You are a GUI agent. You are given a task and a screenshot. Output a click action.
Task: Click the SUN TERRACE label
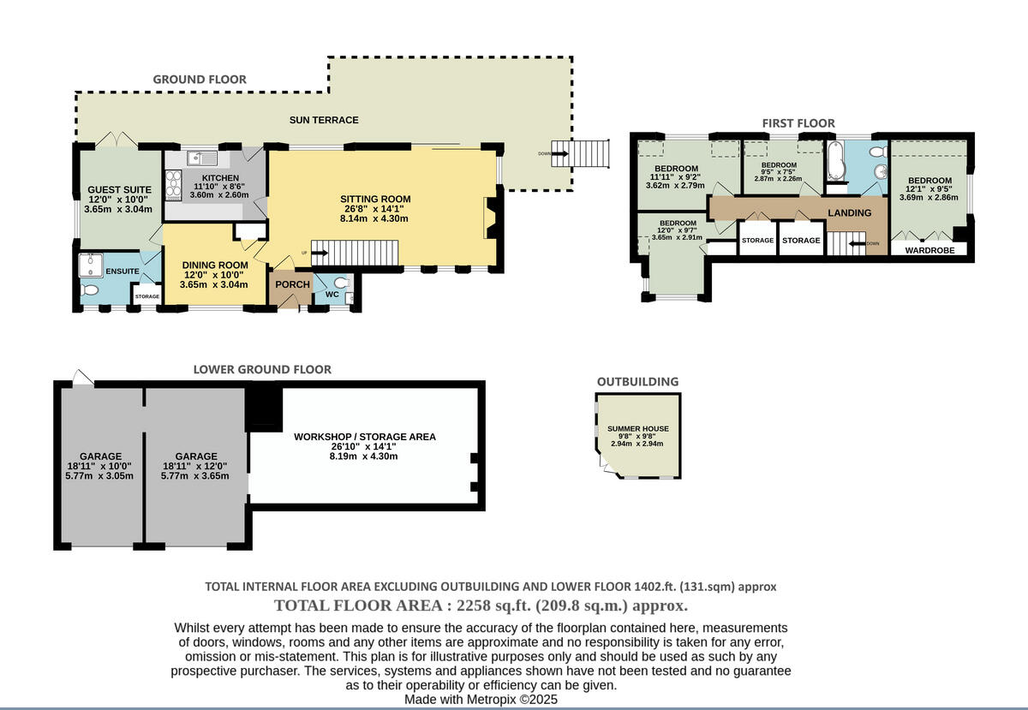click(324, 120)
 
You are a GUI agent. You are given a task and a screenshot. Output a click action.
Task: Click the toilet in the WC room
click(341, 283)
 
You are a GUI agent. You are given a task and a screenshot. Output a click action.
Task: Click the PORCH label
click(292, 284)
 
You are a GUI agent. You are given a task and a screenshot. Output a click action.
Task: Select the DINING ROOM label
click(214, 265)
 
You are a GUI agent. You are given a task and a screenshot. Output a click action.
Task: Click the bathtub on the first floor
click(838, 161)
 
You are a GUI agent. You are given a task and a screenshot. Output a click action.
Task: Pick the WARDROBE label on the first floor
click(929, 252)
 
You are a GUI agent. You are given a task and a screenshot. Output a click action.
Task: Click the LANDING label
click(849, 212)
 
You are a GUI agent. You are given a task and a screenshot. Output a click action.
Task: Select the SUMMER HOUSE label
click(638, 428)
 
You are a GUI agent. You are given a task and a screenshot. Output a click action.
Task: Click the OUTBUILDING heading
click(637, 381)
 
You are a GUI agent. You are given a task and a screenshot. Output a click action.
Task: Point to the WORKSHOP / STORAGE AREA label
click(364, 437)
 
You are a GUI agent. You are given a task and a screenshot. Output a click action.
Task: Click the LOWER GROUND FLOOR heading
click(261, 369)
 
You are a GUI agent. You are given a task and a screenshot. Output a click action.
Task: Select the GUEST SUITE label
click(119, 189)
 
